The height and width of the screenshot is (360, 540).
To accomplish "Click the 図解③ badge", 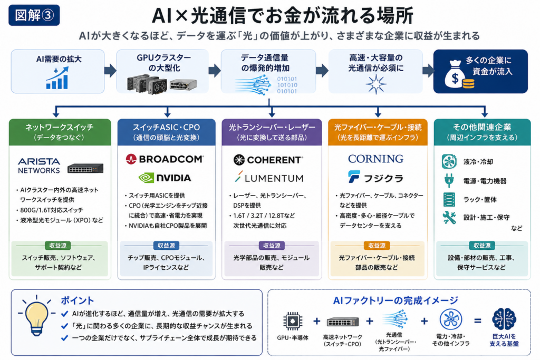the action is [34, 15].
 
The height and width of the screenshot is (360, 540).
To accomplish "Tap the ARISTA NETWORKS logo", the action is [39, 166].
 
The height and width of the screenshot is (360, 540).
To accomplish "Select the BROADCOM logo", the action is [165, 159].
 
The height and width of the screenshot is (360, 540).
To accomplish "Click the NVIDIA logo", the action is [165, 178].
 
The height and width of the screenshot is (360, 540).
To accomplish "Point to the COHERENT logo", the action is [268, 160].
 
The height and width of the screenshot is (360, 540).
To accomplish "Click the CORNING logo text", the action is [375, 159].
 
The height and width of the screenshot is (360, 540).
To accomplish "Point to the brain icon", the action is [504, 319].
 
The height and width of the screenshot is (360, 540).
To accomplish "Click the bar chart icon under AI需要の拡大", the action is [57, 78].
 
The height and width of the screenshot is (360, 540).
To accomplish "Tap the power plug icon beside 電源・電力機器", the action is [449, 180].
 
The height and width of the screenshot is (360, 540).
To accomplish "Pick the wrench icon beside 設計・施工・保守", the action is [449, 218].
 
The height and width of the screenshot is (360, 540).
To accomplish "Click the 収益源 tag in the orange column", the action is [377, 246].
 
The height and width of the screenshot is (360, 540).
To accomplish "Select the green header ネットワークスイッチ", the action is [60, 132].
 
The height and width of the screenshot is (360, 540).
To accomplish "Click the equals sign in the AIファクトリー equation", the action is [478, 321].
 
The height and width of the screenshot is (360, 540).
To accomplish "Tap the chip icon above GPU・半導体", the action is [293, 321].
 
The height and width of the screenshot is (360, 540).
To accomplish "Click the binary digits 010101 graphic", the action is [287, 85].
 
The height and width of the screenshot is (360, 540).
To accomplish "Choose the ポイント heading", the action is [77, 300].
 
